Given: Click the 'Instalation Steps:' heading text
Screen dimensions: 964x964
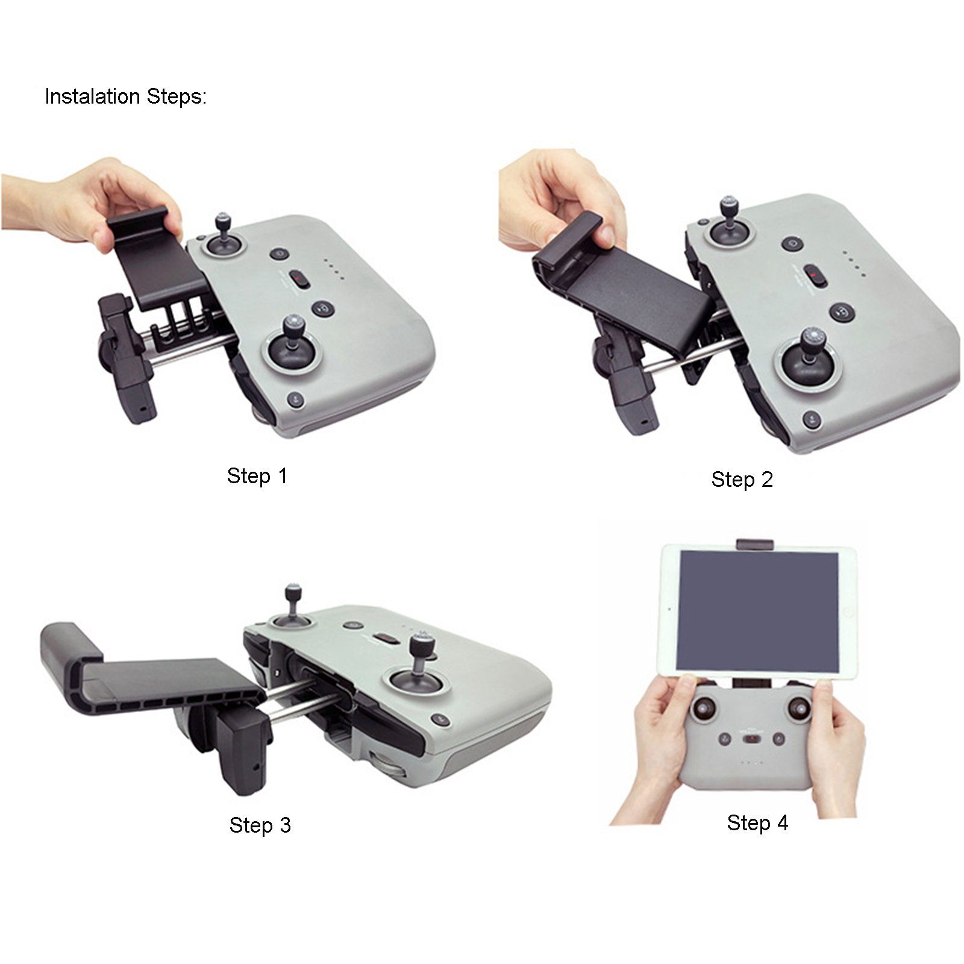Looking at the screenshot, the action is pos(125,96).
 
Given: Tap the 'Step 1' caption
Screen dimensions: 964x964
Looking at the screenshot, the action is pos(257,476).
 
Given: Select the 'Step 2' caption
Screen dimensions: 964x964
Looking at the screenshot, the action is pos(742,480).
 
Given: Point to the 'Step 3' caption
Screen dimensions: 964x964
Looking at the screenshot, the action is pos(260,825).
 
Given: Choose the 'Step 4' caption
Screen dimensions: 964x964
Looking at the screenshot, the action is pos(757,822).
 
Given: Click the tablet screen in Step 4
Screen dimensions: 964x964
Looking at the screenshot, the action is pos(757,611).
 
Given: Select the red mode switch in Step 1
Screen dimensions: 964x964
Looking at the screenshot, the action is pos(299,279).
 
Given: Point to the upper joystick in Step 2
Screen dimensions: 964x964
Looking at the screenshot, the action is pos(730,223).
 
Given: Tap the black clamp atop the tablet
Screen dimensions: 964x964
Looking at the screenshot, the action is pos(755,543).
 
